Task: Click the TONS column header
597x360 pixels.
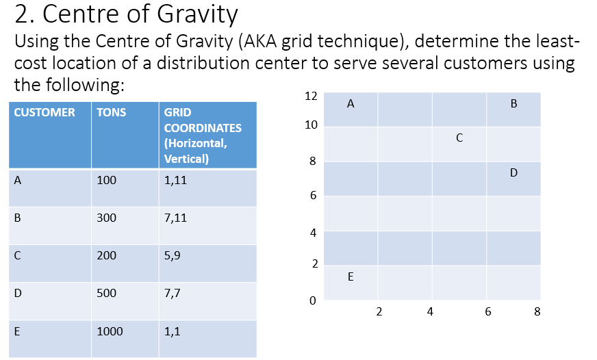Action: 112,112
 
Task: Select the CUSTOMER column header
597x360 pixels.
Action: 45,112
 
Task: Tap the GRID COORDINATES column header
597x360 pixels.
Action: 203,136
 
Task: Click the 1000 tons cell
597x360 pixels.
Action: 110,332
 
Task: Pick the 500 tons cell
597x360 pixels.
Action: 107,294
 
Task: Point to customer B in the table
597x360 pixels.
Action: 18,218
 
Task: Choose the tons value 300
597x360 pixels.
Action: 107,218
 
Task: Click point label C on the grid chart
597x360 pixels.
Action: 459,138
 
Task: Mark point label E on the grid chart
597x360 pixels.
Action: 351,277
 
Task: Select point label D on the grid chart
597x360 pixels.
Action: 513,173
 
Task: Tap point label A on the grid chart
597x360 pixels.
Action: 351,104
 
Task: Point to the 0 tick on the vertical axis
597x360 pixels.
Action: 313,300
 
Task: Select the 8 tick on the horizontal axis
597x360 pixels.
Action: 537,313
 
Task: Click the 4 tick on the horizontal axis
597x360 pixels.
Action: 430,313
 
